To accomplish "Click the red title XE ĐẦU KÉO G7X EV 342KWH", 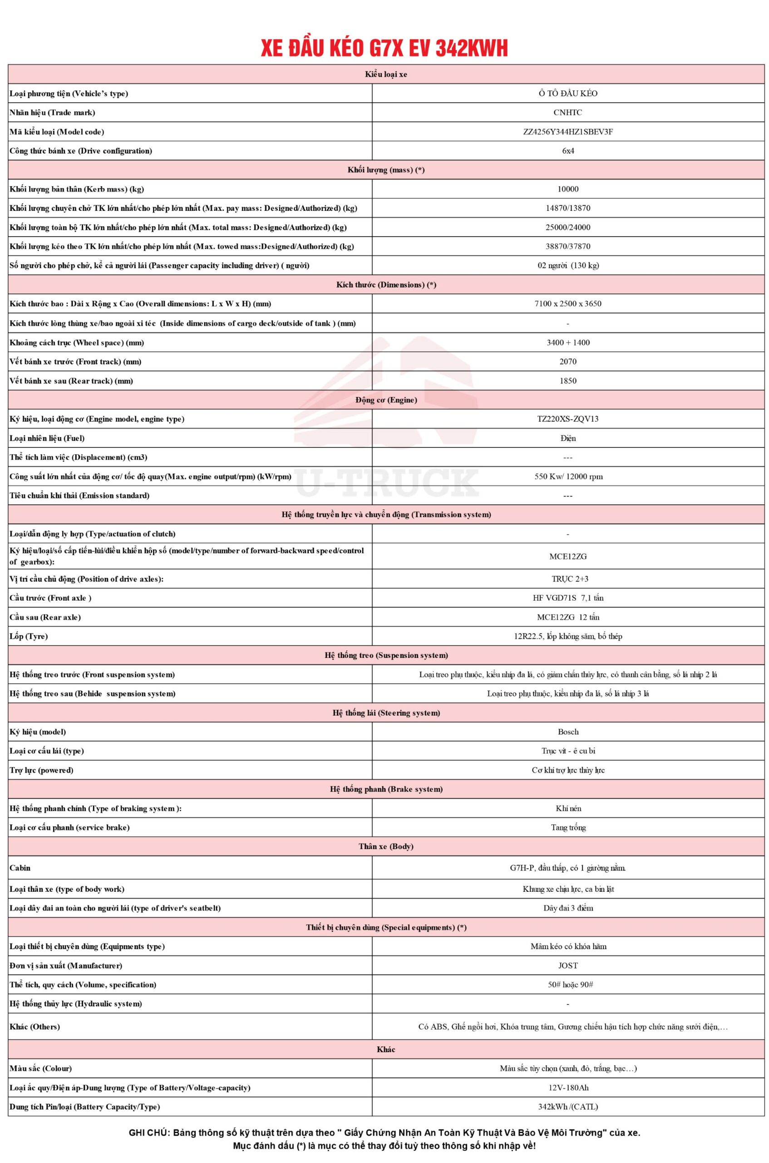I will (x=384, y=48).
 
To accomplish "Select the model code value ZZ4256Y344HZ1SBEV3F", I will (x=568, y=131).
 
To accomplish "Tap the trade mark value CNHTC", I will (x=568, y=112).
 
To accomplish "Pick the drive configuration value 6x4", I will (x=568, y=151).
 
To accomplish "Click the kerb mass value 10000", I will (x=568, y=189).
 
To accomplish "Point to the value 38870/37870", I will (x=568, y=246).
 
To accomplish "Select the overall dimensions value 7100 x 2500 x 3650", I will (x=568, y=304).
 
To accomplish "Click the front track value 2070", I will (x=568, y=362).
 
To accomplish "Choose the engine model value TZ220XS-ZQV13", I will (x=568, y=419).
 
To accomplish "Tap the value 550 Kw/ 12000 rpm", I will (x=568, y=477).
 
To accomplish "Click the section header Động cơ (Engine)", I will (x=386, y=400).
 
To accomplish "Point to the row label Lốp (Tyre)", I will (x=29, y=636).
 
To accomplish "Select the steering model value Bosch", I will (x=568, y=732).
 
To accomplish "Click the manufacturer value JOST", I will (x=568, y=965).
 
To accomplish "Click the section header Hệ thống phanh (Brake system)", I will (x=386, y=789).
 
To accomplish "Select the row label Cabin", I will (x=20, y=868).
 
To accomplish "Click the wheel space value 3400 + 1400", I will (x=568, y=343).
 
